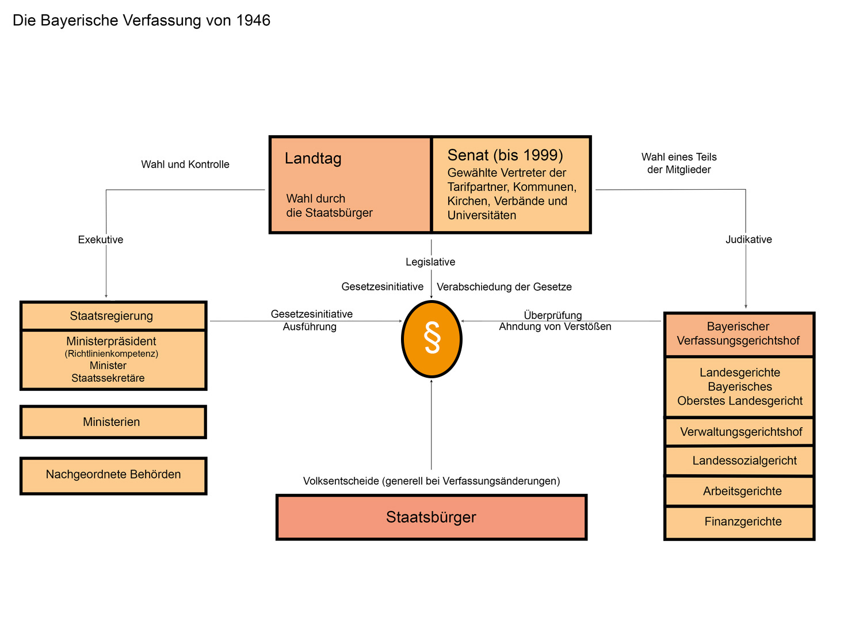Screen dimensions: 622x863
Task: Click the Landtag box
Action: point(350,185)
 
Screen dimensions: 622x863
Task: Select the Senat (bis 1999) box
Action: point(511,185)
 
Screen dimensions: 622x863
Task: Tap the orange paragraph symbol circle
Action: point(431,339)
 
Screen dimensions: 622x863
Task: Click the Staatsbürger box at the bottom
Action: point(431,517)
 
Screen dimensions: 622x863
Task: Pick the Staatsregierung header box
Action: point(113,316)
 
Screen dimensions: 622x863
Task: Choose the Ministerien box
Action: point(113,422)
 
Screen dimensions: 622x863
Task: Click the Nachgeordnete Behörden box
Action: point(113,475)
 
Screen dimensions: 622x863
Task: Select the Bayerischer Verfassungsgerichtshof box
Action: point(739,334)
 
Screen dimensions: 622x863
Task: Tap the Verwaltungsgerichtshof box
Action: point(740,432)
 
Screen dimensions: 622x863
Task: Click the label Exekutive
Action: point(101,240)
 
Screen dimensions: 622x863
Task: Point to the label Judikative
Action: point(749,240)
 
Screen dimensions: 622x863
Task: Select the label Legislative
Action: point(430,262)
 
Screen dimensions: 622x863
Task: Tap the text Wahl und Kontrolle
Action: point(185,164)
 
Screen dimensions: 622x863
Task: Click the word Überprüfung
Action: point(553,315)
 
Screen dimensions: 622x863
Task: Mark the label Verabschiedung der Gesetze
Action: point(504,287)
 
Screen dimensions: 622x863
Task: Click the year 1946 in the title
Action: point(253,21)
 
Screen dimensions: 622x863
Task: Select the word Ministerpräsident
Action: point(111,341)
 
